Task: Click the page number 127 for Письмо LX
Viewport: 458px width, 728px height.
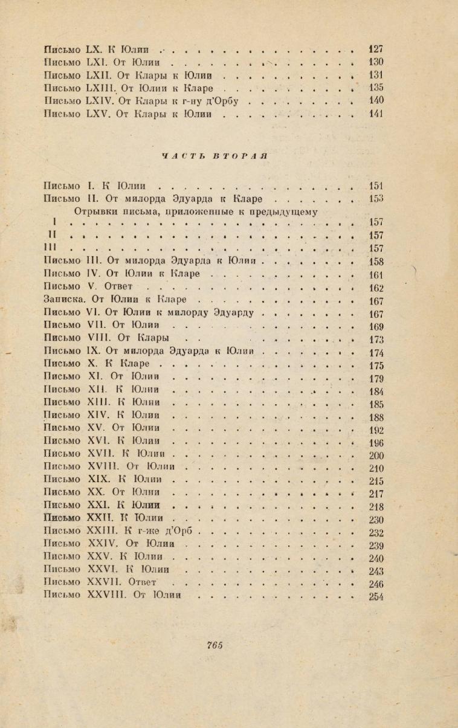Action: coord(376,50)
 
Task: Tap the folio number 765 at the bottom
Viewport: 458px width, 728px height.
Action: coord(214,645)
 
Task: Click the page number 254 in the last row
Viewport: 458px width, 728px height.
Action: coord(376,597)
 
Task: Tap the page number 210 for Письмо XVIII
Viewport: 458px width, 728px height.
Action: coord(376,469)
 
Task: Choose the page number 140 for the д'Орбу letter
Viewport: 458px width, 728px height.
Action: coord(376,101)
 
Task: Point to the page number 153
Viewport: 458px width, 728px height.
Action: coord(376,199)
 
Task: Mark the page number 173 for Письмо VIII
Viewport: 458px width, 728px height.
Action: coord(376,340)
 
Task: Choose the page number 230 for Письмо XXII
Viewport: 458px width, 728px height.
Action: coord(376,520)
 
